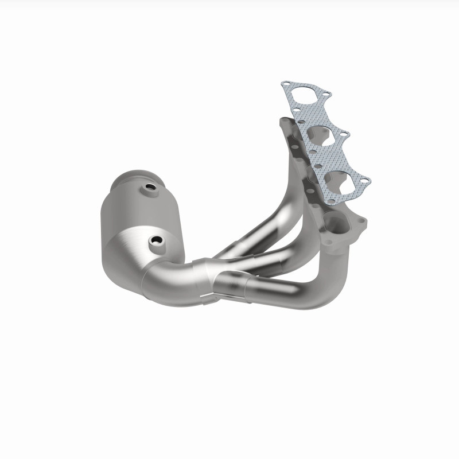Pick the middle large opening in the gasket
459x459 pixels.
point(317,134)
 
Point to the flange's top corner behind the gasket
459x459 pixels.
point(282,122)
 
